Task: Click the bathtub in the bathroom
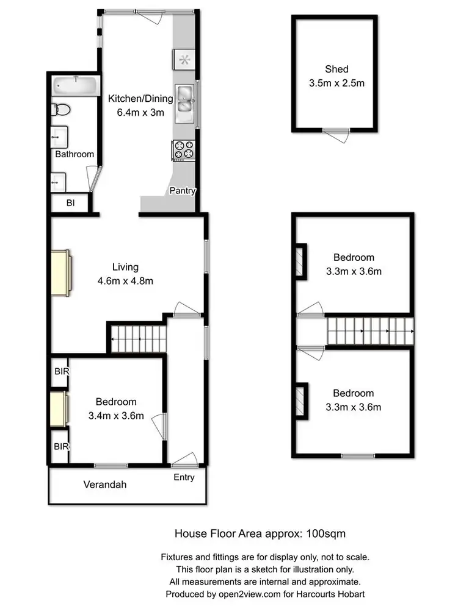pyautogui.click(x=75, y=85)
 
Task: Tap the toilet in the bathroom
pyautogui.click(x=62, y=110)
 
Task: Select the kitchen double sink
pyautogui.click(x=185, y=105)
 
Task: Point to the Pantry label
pyautogui.click(x=183, y=191)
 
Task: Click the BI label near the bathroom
pyautogui.click(x=70, y=204)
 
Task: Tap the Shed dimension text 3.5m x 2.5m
pyautogui.click(x=336, y=83)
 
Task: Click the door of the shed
pyautogui.click(x=336, y=134)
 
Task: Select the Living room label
pyautogui.click(x=125, y=267)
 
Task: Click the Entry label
pyautogui.click(x=184, y=477)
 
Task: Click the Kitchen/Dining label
pyautogui.click(x=141, y=99)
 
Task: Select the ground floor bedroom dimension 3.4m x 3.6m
pyautogui.click(x=116, y=416)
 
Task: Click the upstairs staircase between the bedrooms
pyautogui.click(x=369, y=332)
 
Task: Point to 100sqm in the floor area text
pyautogui.click(x=329, y=534)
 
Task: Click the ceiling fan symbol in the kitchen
pyautogui.click(x=185, y=59)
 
